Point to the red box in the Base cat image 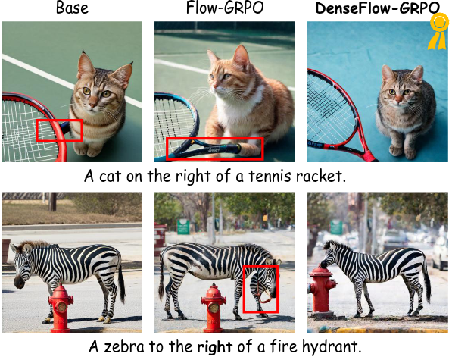60,130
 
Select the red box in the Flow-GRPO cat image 214,149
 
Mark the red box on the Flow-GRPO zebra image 261,289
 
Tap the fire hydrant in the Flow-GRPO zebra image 214,307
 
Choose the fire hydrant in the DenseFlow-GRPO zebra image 323,291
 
